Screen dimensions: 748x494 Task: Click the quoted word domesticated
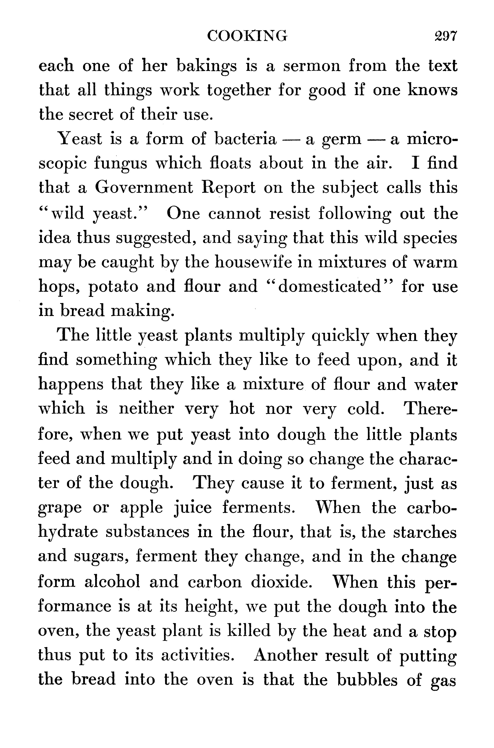(x=329, y=286)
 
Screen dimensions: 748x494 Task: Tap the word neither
(x=146, y=409)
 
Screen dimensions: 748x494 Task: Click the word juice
(x=193, y=508)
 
